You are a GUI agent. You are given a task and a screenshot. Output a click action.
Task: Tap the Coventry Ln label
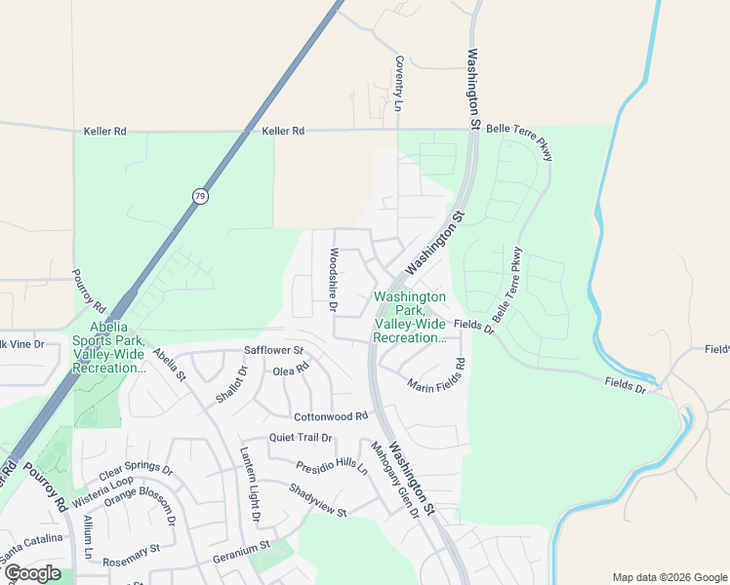[x=399, y=83]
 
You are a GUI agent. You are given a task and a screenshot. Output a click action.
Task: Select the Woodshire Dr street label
[x=333, y=280]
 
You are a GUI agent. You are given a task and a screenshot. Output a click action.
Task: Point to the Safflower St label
[x=274, y=350]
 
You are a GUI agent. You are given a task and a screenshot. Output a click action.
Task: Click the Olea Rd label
[x=291, y=370]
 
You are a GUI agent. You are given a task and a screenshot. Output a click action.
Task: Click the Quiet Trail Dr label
[x=301, y=438]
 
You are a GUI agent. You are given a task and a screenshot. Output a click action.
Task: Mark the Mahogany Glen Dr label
[x=394, y=480]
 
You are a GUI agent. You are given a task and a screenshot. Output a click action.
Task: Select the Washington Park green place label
[x=409, y=317]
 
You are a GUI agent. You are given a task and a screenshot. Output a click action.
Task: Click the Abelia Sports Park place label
[x=109, y=348]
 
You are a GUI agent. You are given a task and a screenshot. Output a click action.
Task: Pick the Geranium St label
[x=241, y=559]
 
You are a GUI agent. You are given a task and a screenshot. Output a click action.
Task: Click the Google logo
[x=31, y=573]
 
